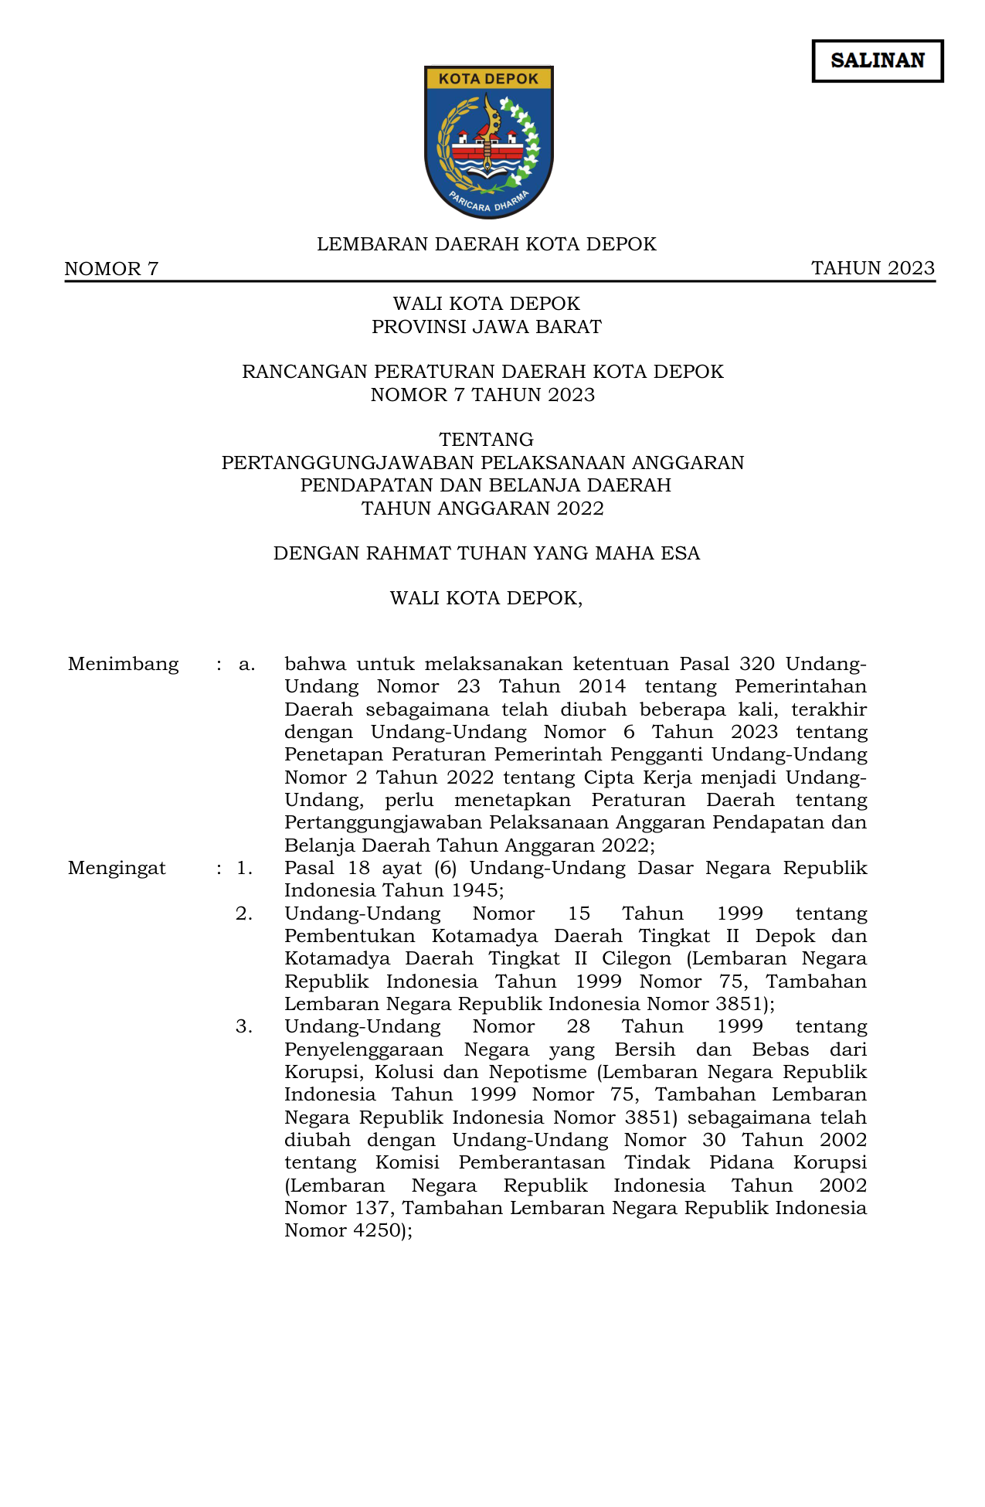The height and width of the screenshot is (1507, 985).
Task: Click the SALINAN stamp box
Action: point(877,61)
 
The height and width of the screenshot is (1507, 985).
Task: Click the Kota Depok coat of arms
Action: point(488,142)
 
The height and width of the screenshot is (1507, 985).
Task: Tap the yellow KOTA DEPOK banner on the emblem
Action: point(488,78)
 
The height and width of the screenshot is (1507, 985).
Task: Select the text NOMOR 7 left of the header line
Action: point(111,269)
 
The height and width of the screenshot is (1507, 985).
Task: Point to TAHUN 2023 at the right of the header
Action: point(873,268)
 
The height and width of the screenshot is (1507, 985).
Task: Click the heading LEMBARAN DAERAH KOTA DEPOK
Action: point(486,244)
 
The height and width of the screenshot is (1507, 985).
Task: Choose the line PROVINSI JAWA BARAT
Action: point(486,327)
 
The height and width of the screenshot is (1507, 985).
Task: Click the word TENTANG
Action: point(486,440)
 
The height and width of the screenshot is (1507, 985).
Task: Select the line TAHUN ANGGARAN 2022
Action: point(483,509)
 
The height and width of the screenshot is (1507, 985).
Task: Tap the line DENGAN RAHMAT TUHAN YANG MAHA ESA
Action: point(486,553)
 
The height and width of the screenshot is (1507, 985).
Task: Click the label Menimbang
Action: point(123,665)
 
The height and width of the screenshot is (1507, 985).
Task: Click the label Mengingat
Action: point(117,869)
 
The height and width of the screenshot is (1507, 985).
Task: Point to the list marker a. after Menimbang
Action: point(246,665)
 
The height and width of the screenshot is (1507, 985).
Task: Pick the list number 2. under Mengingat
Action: point(244,914)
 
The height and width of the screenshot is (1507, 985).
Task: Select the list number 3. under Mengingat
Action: point(244,1027)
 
